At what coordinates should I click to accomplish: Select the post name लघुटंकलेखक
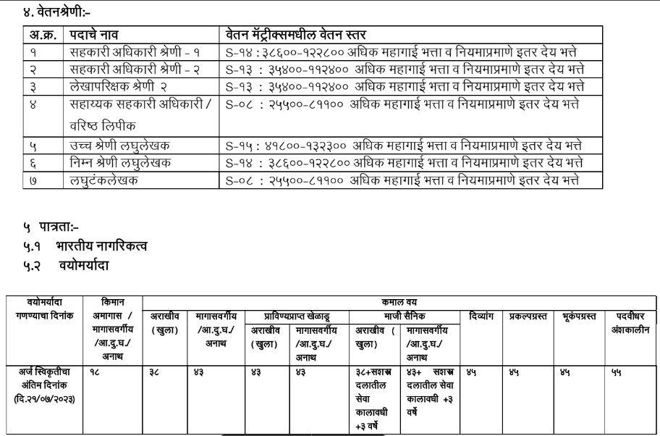106,179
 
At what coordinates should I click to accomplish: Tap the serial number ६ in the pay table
33,162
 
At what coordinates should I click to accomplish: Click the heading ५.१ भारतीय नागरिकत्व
85,246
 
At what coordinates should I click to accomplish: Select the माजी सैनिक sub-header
404,316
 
